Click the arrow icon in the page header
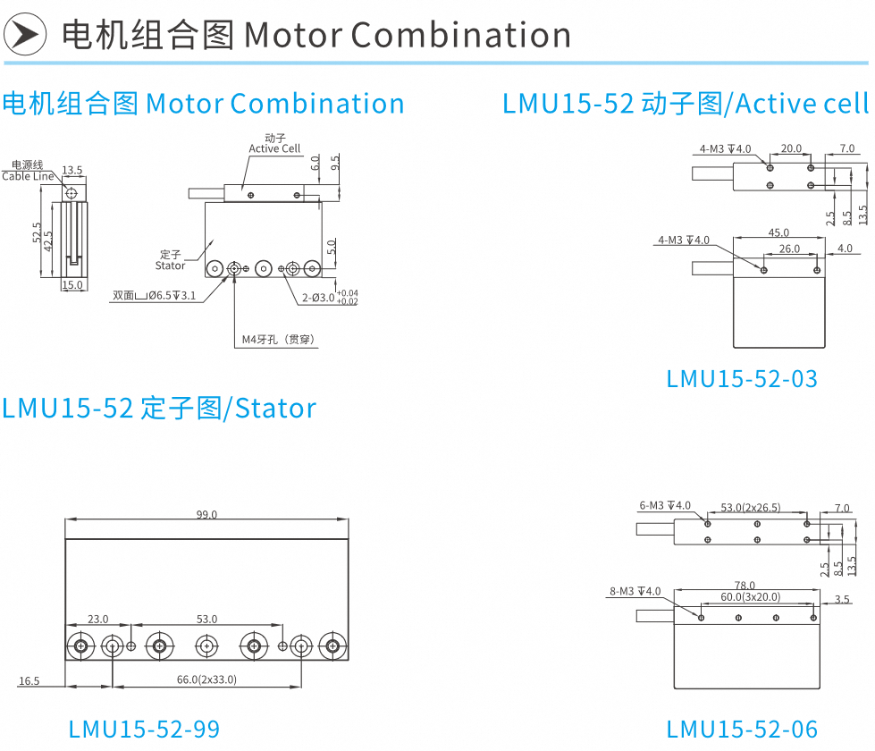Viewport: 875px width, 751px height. coord(24,35)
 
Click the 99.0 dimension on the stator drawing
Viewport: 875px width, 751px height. coord(206,514)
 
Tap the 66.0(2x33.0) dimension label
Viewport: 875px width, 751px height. coord(206,679)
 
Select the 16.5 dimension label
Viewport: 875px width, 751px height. coord(29,680)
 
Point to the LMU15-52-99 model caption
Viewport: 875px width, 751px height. coord(144,730)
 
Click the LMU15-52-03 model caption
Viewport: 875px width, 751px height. coord(742,379)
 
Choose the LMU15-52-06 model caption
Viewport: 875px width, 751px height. coord(742,730)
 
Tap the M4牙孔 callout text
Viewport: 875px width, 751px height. coord(279,340)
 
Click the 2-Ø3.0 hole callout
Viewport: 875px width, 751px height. coord(330,297)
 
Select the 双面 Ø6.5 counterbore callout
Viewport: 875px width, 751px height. coord(155,295)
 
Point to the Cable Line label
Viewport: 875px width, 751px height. coord(28,176)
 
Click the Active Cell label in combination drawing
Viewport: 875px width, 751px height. coord(274,148)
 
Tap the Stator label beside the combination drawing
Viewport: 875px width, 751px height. coord(170,266)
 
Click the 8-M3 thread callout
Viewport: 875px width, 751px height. coord(635,591)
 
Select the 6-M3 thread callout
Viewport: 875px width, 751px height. coord(665,505)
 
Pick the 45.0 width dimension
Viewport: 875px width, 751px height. coord(778,232)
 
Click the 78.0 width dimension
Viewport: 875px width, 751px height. coord(745,586)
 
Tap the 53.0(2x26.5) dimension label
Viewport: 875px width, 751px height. coord(751,508)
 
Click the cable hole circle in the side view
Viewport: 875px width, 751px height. coord(72,194)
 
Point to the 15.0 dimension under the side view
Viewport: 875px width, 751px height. coord(72,285)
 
